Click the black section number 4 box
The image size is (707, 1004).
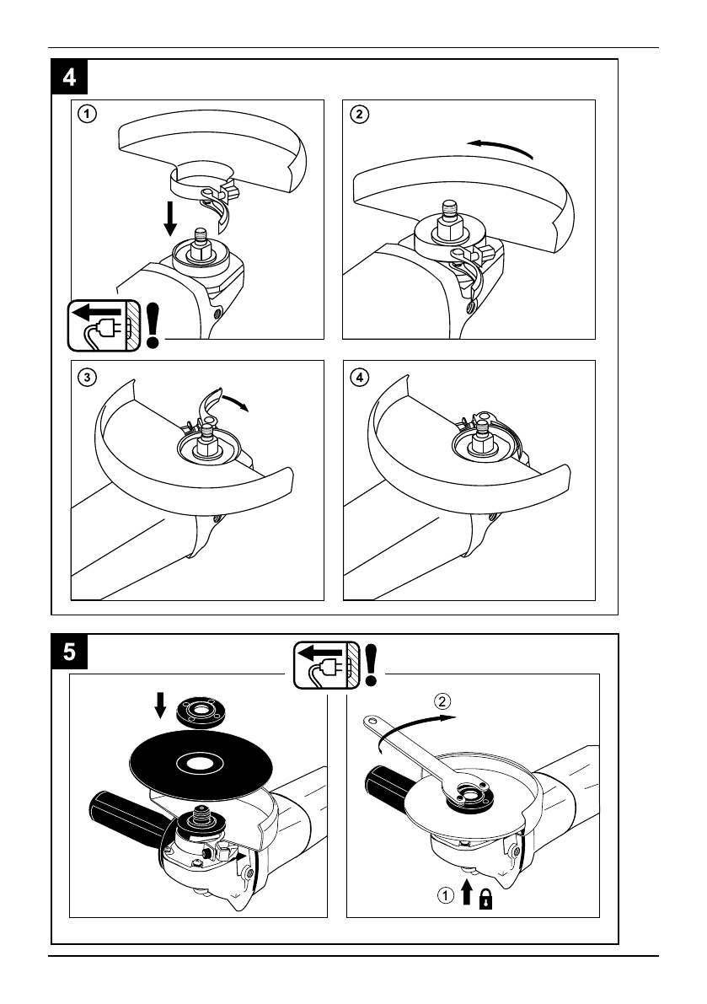[x=68, y=77]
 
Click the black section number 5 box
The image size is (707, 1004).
[x=68, y=652]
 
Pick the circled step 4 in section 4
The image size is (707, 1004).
[x=360, y=377]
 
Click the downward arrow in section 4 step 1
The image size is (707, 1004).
[x=171, y=217]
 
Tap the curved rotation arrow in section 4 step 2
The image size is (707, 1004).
[x=501, y=148]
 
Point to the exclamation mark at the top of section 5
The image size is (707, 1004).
[x=371, y=663]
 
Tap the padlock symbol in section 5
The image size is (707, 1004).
[x=486, y=901]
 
